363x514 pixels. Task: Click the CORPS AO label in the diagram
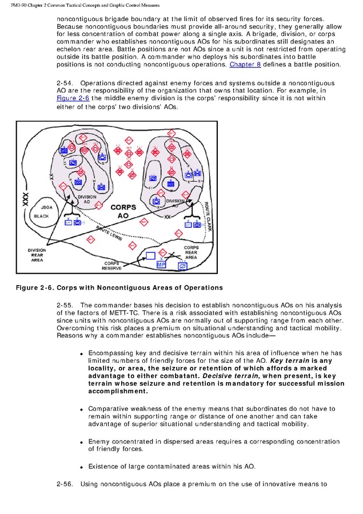tap(123, 211)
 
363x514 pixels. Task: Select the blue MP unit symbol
tap(161, 264)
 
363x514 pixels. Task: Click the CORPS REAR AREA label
tap(190, 252)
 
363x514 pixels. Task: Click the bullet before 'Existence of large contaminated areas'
tap(82, 467)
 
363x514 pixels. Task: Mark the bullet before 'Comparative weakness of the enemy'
tap(82, 410)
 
